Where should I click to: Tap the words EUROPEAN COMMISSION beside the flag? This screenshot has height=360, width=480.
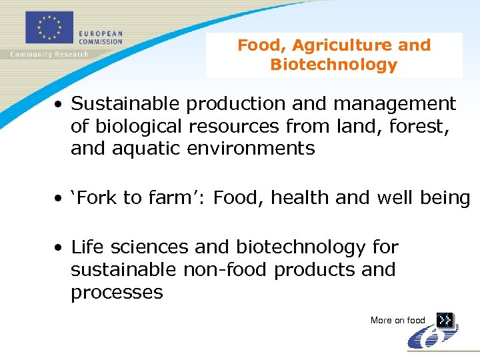pos(101,37)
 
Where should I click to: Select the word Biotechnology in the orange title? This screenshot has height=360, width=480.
pos(333,65)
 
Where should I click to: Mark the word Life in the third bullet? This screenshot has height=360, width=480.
pos(86,247)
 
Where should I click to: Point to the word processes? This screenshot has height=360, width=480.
pos(117,293)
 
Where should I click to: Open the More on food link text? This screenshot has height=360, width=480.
pos(397,320)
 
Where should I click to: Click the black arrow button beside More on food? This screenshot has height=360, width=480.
pos(445,320)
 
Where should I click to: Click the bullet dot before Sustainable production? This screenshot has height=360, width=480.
pos(59,105)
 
